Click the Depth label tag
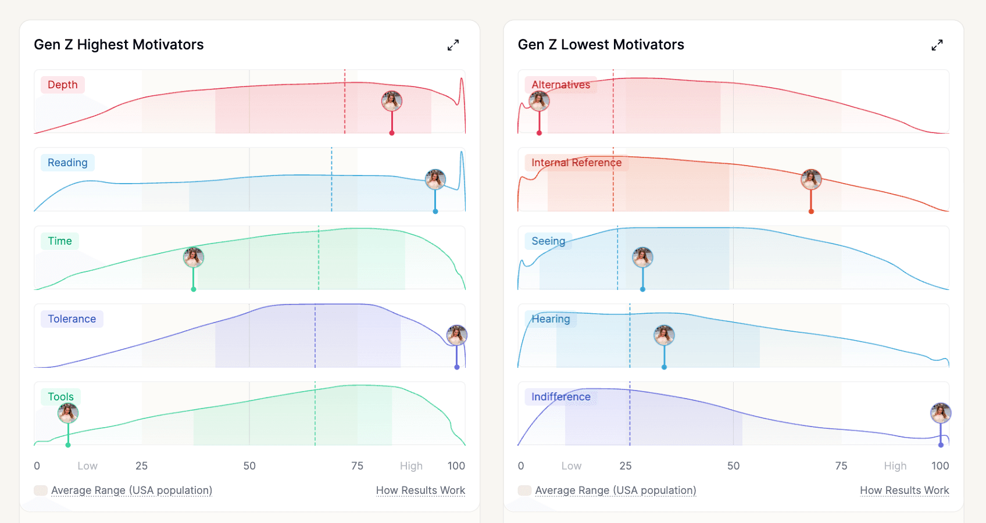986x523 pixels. point(63,85)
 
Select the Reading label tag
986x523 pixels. point(67,163)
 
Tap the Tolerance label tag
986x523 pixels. point(72,319)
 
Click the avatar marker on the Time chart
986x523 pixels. point(194,257)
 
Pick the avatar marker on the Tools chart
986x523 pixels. point(68,413)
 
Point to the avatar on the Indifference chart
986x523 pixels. point(941,413)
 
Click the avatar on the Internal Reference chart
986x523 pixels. point(811,180)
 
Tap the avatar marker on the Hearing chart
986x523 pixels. point(664,335)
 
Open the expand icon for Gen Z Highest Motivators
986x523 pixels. point(453,45)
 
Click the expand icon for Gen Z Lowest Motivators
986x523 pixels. point(937,45)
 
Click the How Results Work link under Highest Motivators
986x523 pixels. point(420,490)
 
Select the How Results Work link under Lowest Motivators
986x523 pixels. point(904,490)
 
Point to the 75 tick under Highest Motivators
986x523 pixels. point(357,466)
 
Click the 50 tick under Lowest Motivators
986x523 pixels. point(733,466)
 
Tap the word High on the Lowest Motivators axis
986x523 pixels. point(895,466)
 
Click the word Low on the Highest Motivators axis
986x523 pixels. point(87,466)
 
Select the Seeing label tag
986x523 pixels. point(548,241)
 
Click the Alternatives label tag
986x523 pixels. point(560,85)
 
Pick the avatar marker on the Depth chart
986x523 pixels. point(392,101)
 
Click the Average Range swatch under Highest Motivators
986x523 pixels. point(41,490)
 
